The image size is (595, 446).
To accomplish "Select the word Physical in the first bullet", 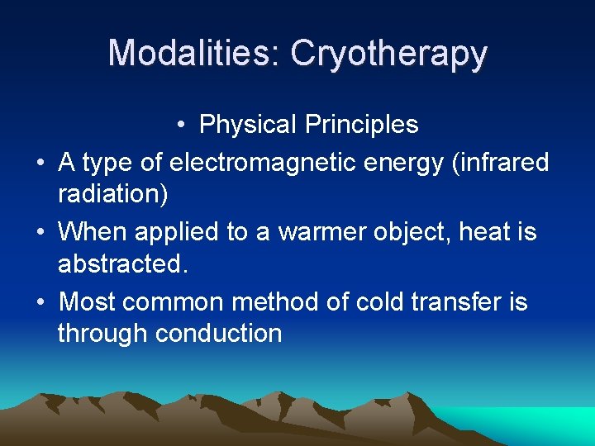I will tap(248, 125).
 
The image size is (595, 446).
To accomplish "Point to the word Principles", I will tap(361, 125).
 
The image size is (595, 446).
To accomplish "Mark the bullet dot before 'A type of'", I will tap(40, 164).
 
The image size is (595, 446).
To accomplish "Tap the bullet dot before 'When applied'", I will tap(40, 233).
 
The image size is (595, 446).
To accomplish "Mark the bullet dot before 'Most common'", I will tap(40, 302).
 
